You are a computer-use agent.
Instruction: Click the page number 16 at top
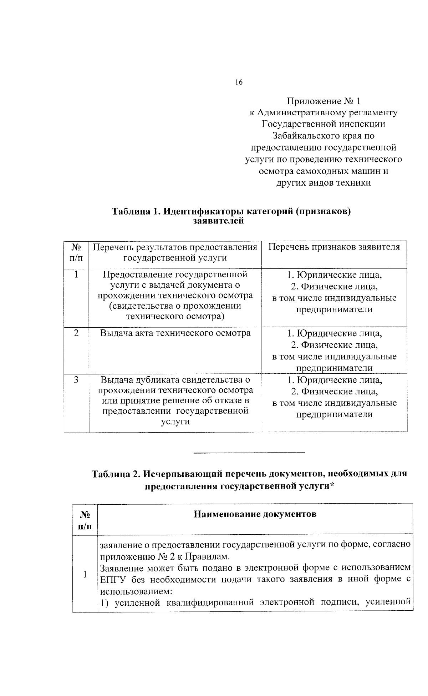[239, 82]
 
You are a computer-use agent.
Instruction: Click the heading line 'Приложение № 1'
[323, 101]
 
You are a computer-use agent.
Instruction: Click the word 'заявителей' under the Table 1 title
[218, 221]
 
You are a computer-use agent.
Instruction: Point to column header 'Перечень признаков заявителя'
[334, 247]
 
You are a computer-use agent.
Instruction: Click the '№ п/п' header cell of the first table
[76, 252]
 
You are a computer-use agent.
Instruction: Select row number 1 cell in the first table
[76, 275]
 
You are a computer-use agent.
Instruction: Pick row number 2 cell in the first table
[76, 333]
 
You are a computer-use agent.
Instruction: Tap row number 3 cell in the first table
[76, 380]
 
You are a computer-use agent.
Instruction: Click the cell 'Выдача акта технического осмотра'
[175, 333]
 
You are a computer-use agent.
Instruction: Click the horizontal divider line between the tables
[249, 453]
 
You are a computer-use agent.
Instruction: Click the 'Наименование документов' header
[255, 514]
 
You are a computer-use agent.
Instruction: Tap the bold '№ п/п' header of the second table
[85, 520]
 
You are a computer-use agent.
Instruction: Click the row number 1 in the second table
[85, 574]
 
